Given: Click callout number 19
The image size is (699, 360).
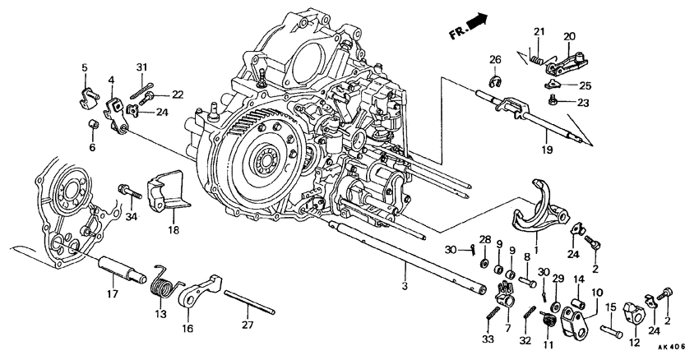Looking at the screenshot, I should [548, 151].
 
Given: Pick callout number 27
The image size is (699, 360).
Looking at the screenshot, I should [248, 322].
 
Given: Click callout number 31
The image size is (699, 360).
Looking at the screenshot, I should [141, 67].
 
